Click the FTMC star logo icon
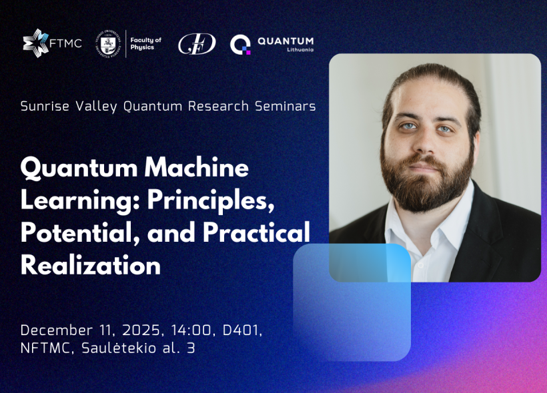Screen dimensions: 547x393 coord(35,43)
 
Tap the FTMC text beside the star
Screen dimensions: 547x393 coord(65,43)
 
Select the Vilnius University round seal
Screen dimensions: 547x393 coord(108,43)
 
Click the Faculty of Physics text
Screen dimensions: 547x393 coord(146,43)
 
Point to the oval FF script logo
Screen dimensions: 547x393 coord(197,44)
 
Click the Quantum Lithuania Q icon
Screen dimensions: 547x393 coord(240,45)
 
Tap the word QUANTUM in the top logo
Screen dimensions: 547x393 coord(286,41)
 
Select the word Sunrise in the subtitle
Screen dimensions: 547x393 coord(45,106)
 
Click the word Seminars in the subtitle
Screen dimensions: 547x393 coord(285,106)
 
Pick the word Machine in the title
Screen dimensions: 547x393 coord(196,168)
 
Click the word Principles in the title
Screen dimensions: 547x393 coord(211,201)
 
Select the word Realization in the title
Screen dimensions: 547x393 coord(91,266)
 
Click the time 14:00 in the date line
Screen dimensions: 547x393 coord(191,330)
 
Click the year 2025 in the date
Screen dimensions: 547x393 coord(142,330)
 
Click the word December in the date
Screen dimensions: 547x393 coord(57,330)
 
